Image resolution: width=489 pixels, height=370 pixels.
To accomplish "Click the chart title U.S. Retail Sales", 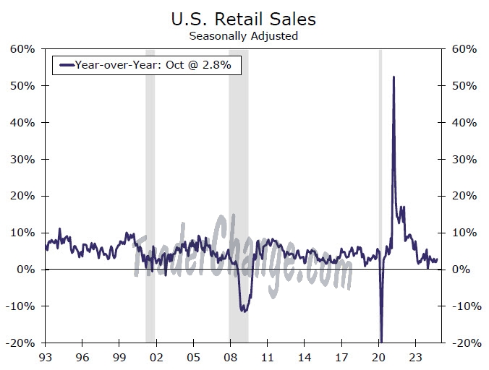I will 244,17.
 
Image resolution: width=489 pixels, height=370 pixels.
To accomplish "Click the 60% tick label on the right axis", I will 463,49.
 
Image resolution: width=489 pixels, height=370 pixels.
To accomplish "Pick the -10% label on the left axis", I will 22,306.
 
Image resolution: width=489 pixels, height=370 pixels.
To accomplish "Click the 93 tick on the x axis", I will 45,356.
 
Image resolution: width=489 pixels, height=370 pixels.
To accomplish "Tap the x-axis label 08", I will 229,356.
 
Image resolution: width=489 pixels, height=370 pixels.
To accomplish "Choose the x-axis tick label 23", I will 414,356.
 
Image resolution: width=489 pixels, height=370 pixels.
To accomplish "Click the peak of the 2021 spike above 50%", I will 393,77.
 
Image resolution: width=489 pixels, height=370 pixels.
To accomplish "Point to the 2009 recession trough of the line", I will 244,311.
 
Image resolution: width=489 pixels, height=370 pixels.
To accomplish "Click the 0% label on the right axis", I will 461,269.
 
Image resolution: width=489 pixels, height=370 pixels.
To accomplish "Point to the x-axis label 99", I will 119,356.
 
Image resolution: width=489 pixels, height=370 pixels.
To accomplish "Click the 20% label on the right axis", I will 463,196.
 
